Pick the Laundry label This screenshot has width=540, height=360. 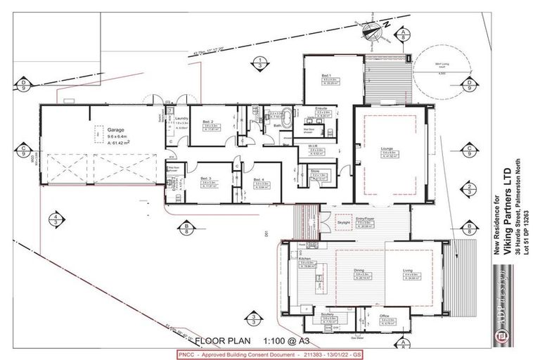coord(180,118)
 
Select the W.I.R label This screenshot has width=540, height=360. coord(317,146)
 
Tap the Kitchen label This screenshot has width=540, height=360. coord(304,259)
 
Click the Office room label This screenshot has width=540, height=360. coord(383,316)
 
